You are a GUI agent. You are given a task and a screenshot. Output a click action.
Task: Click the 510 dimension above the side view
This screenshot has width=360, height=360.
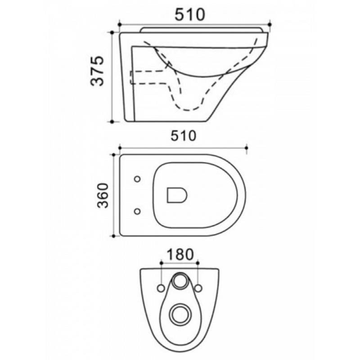(189, 14)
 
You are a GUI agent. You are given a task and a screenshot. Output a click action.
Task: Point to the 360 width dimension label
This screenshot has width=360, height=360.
(103, 195)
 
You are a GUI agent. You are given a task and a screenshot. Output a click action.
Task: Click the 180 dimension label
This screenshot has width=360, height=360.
(180, 254)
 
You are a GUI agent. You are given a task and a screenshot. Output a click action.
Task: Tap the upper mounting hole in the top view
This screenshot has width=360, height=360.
(137, 179)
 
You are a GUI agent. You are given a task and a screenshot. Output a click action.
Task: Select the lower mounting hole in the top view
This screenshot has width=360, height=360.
(137, 211)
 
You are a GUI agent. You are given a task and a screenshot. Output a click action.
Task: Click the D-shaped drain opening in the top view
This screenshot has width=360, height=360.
(177, 195)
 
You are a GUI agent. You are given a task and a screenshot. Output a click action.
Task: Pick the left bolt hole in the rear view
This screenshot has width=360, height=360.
(161, 288)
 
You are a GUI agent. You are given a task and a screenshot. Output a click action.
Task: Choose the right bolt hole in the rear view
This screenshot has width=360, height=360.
(198, 288)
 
